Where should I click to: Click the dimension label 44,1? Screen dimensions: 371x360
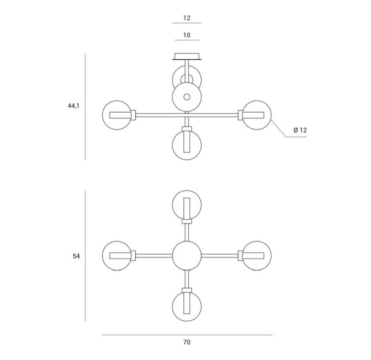(x=74, y=106)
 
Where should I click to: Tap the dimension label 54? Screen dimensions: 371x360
(x=76, y=256)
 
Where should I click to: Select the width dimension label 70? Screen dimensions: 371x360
(x=187, y=342)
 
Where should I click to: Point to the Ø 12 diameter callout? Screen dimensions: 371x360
(x=300, y=130)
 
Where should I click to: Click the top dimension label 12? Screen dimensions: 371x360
(x=187, y=18)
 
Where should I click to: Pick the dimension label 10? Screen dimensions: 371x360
(x=187, y=35)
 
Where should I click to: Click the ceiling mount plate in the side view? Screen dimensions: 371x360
(x=187, y=56)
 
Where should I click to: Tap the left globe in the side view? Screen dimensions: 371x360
(x=117, y=115)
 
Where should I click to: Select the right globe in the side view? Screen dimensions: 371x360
(x=257, y=115)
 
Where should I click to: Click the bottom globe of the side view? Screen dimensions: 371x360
(x=187, y=145)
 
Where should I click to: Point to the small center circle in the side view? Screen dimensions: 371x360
(x=187, y=97)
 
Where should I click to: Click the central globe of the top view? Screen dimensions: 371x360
(x=187, y=256)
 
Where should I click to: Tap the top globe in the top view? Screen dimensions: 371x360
(x=187, y=205)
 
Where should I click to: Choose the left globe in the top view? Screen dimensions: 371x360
(x=117, y=256)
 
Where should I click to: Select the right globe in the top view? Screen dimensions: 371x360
(x=257, y=256)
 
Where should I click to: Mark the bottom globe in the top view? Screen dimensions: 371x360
(x=187, y=306)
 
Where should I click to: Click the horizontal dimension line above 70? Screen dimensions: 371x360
(x=187, y=335)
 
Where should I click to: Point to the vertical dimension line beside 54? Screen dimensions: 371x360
(x=85, y=256)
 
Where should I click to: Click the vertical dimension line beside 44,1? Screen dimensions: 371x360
(x=85, y=107)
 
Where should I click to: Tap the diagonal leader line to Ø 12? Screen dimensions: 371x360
(x=278, y=128)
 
